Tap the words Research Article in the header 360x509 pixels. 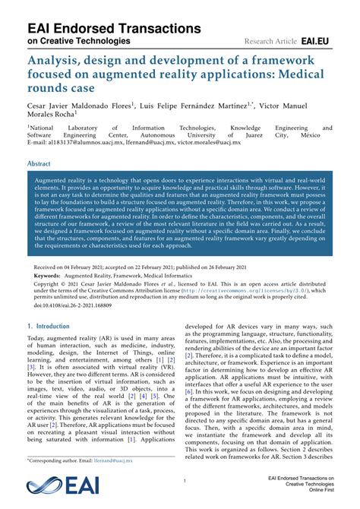click(x=270, y=40)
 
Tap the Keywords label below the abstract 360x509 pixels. click(x=48, y=277)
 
